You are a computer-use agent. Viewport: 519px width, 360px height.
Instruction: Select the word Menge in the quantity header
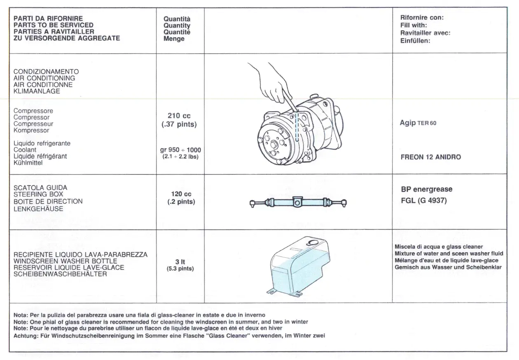[x=174, y=39]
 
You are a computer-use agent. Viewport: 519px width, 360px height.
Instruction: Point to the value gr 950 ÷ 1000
[x=181, y=150]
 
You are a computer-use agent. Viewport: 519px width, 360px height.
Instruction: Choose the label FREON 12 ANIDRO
[x=431, y=157]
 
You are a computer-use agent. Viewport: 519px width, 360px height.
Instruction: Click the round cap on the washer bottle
[x=313, y=243]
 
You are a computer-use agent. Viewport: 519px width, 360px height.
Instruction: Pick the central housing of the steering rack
[x=297, y=202]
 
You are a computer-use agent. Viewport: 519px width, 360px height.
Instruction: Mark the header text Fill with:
[x=414, y=25]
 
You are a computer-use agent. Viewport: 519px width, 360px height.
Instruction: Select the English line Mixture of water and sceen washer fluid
[x=451, y=253]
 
